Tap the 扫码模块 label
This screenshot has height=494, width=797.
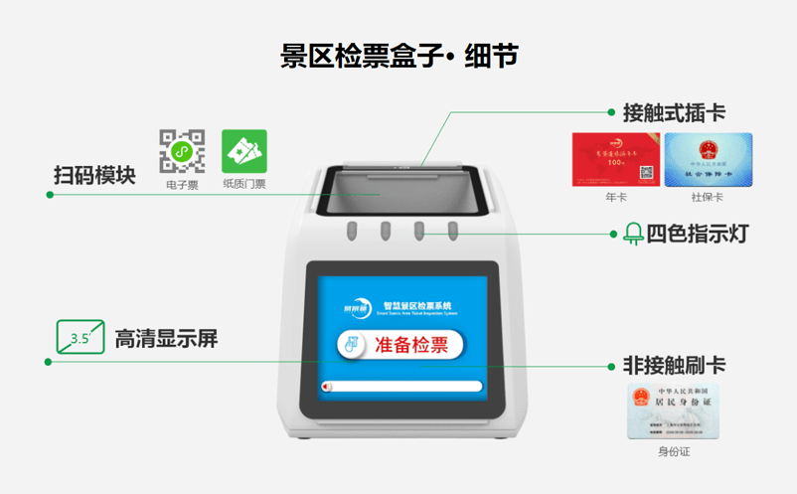[94, 175]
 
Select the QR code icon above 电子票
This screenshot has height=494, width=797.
[182, 151]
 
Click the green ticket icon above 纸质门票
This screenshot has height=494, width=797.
[243, 151]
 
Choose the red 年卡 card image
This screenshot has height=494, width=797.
[616, 159]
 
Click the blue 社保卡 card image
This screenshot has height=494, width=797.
[708, 159]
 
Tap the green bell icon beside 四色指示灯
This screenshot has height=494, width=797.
[633, 235]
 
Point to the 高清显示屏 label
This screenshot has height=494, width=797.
[166, 339]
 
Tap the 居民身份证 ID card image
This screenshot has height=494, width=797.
[673, 412]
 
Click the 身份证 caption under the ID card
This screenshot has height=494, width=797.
[673, 452]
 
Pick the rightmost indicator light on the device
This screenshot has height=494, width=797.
[452, 232]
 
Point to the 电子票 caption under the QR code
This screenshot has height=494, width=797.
[182, 184]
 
